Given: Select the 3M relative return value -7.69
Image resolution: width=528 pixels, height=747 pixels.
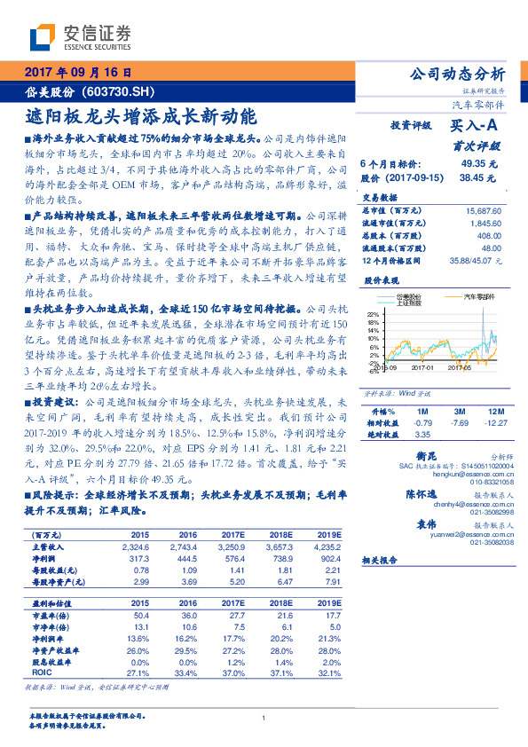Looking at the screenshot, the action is click(458, 423).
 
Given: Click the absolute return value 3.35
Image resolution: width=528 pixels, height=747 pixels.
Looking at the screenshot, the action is click(422, 435).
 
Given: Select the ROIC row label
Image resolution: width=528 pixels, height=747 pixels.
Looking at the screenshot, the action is click(43, 672).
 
